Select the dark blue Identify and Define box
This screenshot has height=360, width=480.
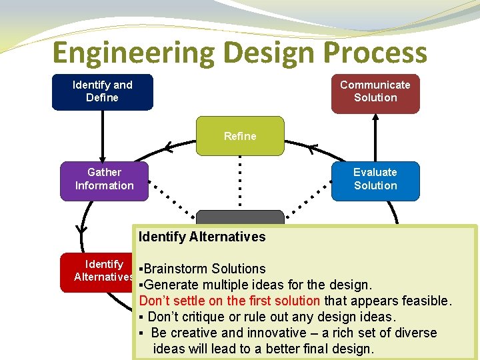tap(102, 91)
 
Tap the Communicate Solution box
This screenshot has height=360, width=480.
tap(375, 91)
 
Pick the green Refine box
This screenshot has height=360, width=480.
tap(240, 136)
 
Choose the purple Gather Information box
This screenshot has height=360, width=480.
tap(104, 179)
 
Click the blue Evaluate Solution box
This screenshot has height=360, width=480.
tap(375, 179)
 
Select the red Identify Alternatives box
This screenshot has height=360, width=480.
tap(97, 271)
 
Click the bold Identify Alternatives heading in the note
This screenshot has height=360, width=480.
tap(202, 237)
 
